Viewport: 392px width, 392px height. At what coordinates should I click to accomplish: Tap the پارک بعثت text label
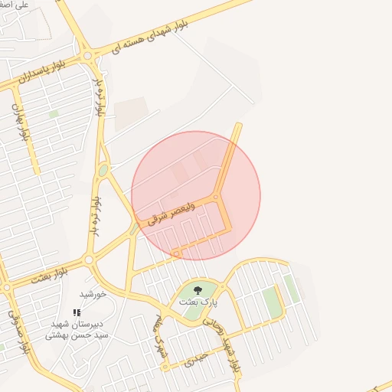(194, 302)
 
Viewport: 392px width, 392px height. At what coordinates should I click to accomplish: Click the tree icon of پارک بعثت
(198, 290)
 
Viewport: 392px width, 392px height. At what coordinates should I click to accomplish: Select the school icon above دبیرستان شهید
(76, 312)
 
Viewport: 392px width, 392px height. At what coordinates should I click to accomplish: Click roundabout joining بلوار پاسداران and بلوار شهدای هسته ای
(88, 56)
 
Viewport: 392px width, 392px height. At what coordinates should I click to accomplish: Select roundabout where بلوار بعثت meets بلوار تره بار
(89, 260)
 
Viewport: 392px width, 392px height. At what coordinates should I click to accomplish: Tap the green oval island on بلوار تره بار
(103, 170)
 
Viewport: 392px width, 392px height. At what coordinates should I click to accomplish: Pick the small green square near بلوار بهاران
(54, 114)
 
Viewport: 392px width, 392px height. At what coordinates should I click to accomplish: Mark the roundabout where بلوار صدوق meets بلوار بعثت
(7, 287)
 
